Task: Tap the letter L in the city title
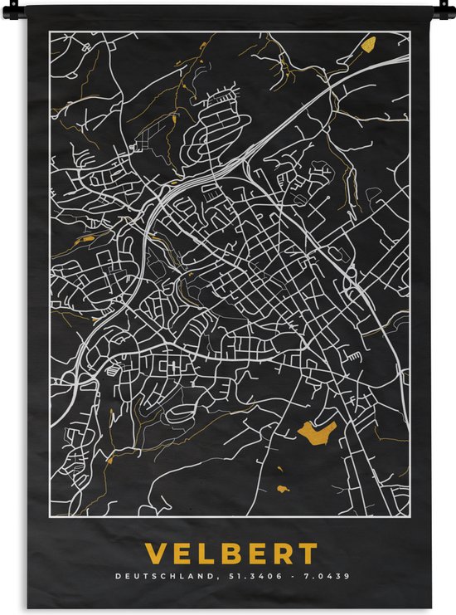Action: coord(208,554)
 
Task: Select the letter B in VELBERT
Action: coord(234,554)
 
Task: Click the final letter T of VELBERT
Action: coord(308,554)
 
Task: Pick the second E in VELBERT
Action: coord(260,554)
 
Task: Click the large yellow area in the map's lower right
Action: coord(317,431)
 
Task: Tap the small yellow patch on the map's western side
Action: coord(85,241)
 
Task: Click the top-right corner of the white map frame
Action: coord(410,32)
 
